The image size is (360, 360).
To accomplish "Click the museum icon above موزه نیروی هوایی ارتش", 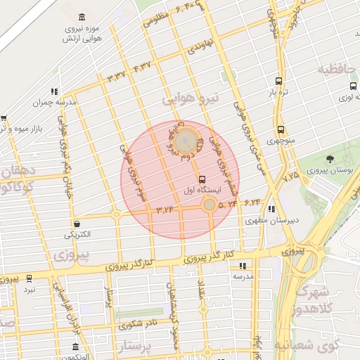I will (83, 17).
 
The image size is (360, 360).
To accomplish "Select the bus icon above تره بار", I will (279, 81).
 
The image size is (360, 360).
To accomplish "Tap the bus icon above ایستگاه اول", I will (202, 179).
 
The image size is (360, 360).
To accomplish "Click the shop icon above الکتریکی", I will (77, 223).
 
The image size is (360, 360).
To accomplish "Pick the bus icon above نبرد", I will (29, 278).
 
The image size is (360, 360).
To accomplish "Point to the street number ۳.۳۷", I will (116, 75).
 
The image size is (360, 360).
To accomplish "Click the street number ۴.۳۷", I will (142, 67).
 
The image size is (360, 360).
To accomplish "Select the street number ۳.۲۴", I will (165, 210).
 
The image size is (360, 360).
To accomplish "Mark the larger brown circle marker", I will (186, 140).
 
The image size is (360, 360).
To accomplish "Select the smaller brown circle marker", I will (209, 205).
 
